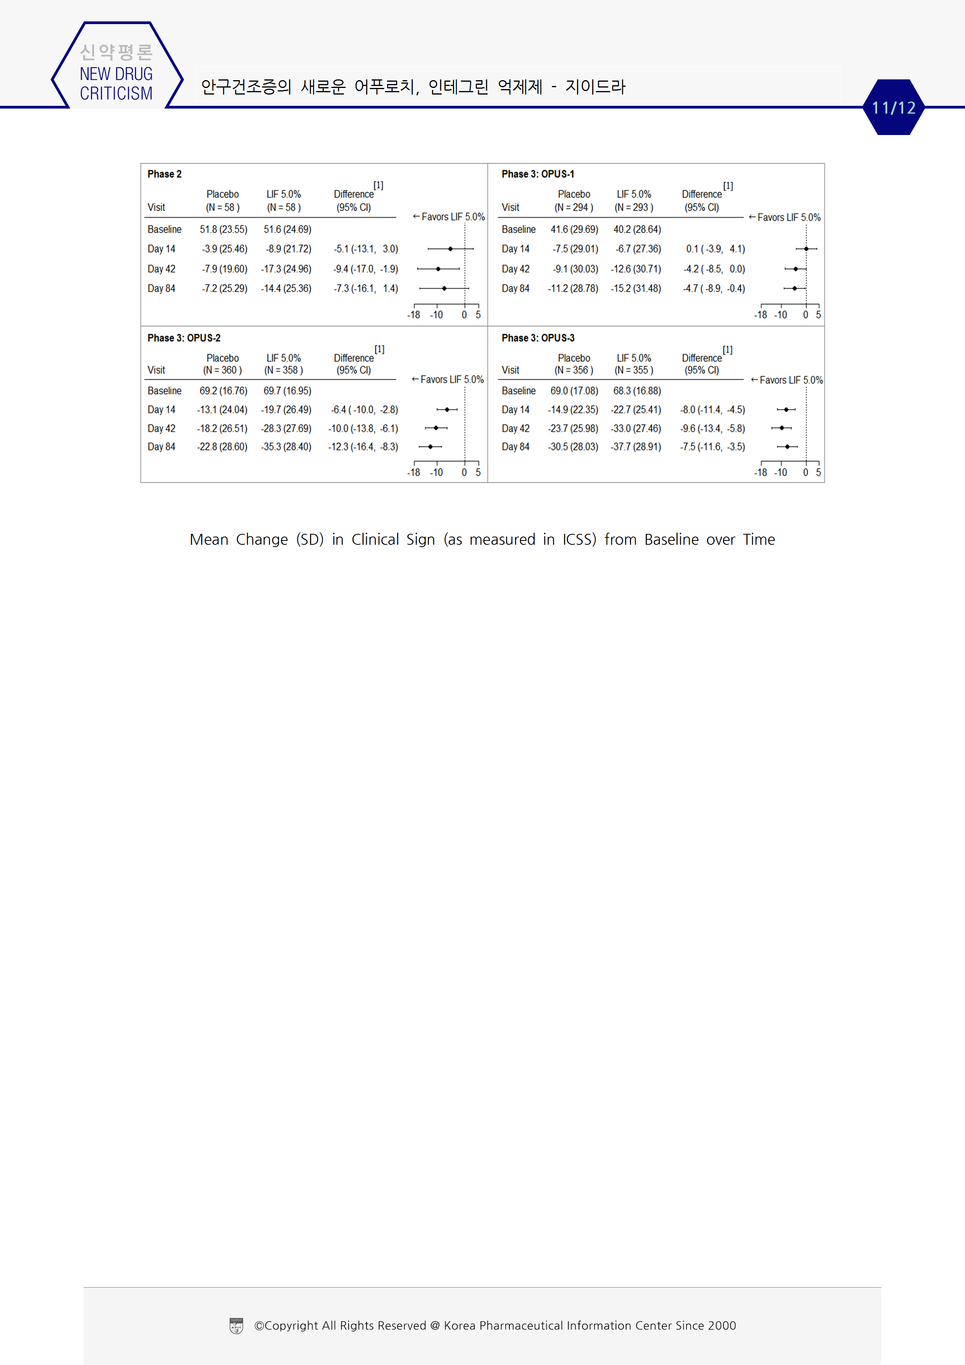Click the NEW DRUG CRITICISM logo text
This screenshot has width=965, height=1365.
[x=116, y=83]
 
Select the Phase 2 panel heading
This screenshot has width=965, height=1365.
[x=165, y=174]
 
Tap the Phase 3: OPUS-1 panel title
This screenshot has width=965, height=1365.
[x=537, y=174]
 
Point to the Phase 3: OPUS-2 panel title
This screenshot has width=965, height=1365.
[x=184, y=338]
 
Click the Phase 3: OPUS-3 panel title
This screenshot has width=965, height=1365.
[x=537, y=338]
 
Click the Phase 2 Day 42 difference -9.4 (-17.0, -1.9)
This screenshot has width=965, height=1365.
[x=365, y=269]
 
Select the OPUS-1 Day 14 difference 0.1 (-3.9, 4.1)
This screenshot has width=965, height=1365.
[x=715, y=249]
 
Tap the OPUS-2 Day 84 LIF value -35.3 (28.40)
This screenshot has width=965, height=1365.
[x=286, y=446]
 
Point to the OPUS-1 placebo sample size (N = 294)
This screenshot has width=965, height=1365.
[x=574, y=207]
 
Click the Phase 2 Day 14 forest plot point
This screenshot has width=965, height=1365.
[x=450, y=249]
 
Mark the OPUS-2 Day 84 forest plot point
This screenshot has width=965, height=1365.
[x=430, y=446]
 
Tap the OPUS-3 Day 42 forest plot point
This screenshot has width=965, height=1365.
[x=782, y=428]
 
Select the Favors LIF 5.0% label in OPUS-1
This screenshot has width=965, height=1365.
[x=785, y=218]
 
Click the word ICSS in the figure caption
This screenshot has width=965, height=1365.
[x=579, y=539]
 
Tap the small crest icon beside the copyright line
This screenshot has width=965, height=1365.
[x=236, y=1326]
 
